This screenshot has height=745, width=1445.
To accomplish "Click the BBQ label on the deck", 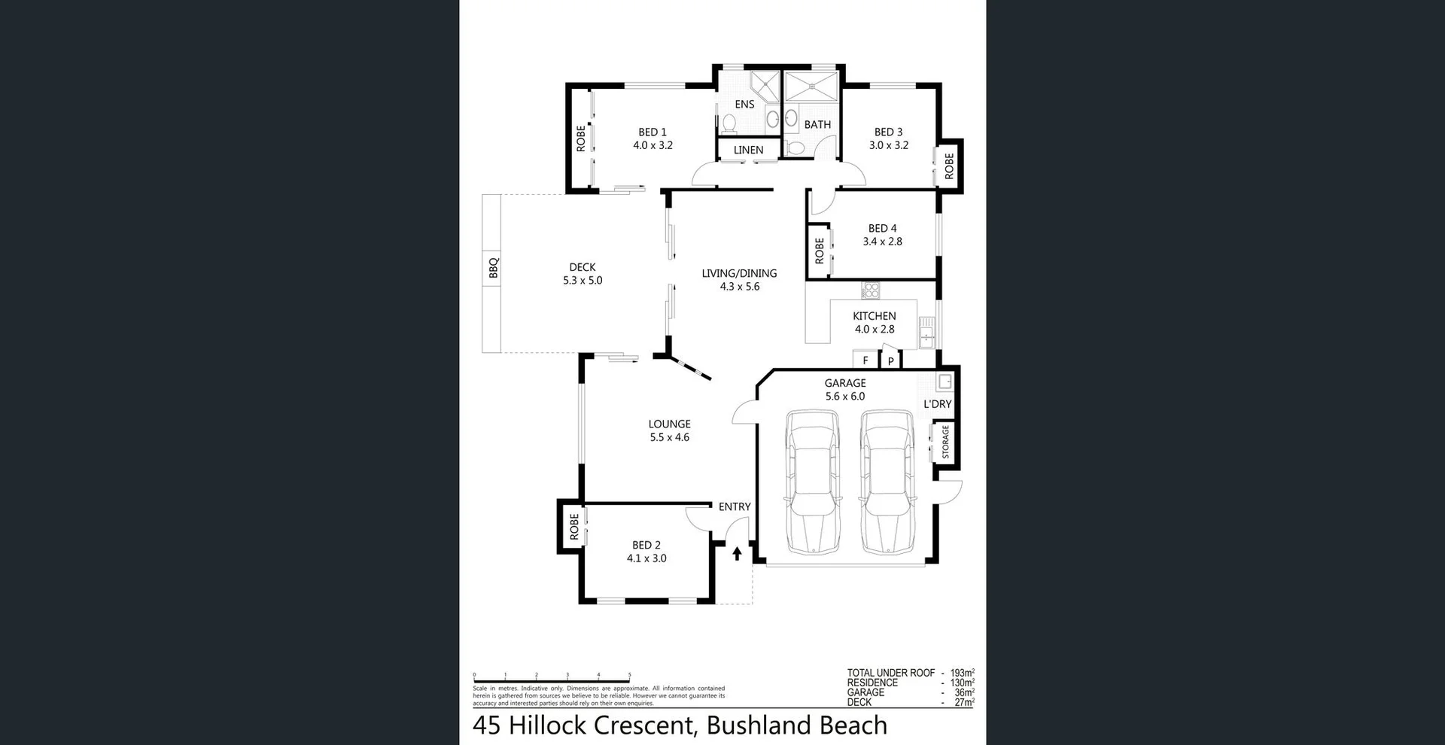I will pyautogui.click(x=494, y=268).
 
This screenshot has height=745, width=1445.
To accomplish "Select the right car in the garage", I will pyautogui.click(x=887, y=482).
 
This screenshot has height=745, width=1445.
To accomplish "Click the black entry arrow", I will pyautogui.click(x=737, y=554).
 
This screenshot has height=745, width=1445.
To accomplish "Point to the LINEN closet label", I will pyautogui.click(x=748, y=150).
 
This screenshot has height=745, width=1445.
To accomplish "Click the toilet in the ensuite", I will pyautogui.click(x=729, y=123).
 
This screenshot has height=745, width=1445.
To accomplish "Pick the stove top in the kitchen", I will pyautogui.click(x=871, y=290).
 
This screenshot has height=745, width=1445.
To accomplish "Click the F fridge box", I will pyautogui.click(x=865, y=360).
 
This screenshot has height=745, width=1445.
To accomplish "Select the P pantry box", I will pyautogui.click(x=890, y=361).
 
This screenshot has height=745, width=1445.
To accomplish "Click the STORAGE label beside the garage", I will pyautogui.click(x=945, y=442).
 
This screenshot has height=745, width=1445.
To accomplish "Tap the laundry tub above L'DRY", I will pyautogui.click(x=945, y=382).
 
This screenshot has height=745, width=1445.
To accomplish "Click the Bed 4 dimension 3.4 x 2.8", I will pyautogui.click(x=882, y=242).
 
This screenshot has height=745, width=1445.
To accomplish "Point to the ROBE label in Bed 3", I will pyautogui.click(x=949, y=166).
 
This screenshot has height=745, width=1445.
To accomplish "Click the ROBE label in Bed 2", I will pyautogui.click(x=574, y=527).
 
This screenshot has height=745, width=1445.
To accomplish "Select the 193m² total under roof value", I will pyautogui.click(x=962, y=673).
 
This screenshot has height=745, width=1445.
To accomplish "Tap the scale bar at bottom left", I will pyautogui.click(x=552, y=680).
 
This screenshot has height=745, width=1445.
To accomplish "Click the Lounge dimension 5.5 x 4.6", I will pyautogui.click(x=669, y=437).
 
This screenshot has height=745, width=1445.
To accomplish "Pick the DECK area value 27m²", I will pyautogui.click(x=963, y=702).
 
